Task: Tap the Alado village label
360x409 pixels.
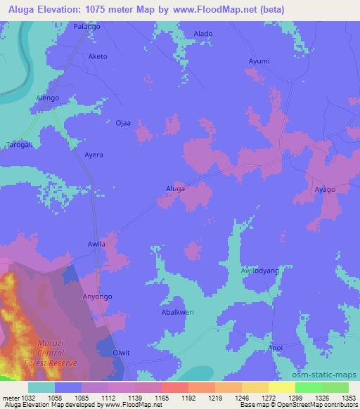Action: point(203,34)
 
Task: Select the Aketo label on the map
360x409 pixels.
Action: point(97,56)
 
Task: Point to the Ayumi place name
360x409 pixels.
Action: point(259,61)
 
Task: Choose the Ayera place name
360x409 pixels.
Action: point(94,154)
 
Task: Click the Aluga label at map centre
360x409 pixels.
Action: point(175,189)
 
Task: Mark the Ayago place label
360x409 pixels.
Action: point(325,190)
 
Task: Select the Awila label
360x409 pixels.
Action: point(96,245)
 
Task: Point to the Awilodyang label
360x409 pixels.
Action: point(260,271)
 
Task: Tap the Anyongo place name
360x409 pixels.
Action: point(98,297)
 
